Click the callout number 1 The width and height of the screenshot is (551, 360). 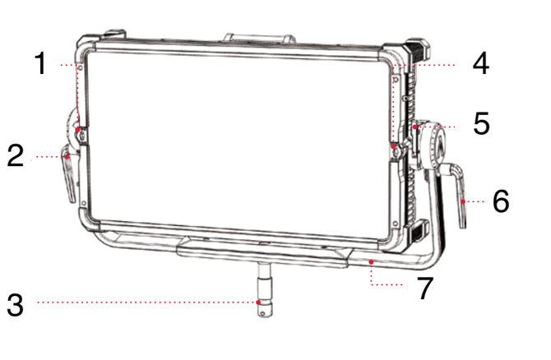click(41, 63)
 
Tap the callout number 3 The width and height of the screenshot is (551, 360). click(16, 304)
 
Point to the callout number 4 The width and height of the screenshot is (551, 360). click(480, 63)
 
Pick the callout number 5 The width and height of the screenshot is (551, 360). click(481, 123)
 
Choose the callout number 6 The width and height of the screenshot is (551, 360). click(501, 201)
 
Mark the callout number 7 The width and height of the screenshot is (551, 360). click(425, 288)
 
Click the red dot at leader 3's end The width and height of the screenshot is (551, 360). click(258, 302)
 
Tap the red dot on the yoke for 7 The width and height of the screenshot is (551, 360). click(371, 262)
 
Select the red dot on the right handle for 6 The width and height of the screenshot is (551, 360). click(463, 201)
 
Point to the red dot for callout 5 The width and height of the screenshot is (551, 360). click(415, 127)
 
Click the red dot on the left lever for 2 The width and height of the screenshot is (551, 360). click(67, 157)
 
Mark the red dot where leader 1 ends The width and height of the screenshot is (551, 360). click(77, 130)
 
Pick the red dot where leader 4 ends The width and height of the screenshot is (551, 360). click(394, 145)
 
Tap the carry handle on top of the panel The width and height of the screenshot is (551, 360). click(259, 37)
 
